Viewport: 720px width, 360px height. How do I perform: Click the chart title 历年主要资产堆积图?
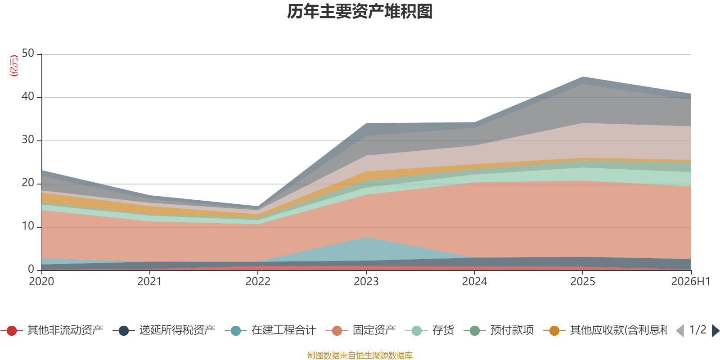point(360,12)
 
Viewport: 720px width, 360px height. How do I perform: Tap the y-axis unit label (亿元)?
point(14,66)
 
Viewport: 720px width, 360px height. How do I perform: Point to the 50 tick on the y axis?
point(28,54)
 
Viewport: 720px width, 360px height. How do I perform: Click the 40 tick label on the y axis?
point(28,96)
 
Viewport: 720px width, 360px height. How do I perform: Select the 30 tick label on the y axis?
point(28,140)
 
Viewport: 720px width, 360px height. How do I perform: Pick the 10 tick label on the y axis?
point(28,226)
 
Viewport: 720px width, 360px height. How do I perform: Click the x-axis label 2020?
point(41,282)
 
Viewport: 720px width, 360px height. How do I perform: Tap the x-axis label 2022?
point(258,282)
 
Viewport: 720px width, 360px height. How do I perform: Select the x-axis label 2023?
point(366,282)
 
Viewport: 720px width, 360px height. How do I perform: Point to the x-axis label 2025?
point(583,282)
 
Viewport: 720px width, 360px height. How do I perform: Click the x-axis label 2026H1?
point(691,282)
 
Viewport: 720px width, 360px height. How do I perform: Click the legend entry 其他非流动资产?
point(52,330)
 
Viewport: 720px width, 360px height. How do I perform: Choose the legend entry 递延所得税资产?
point(164,330)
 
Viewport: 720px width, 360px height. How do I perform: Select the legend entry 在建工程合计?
point(270,330)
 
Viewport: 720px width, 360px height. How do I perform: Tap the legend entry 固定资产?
point(360,330)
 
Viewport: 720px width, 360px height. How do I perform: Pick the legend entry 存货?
point(430,330)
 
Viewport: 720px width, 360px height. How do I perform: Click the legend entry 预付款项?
point(499,330)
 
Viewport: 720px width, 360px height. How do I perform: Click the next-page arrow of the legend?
point(715,331)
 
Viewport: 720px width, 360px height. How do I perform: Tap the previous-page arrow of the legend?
point(680,331)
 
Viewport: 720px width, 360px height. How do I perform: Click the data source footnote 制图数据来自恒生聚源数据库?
point(360,355)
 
